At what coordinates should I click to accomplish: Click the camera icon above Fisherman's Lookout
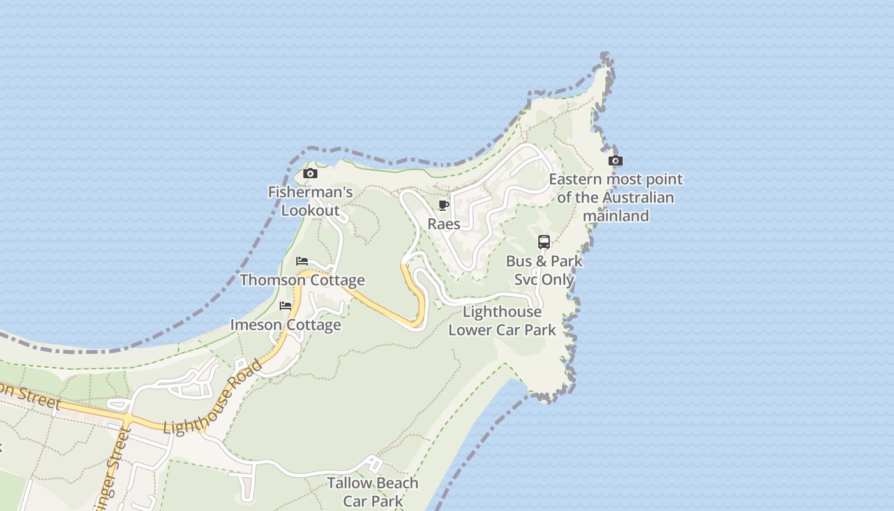(310, 174)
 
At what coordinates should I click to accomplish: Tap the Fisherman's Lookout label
(310, 201)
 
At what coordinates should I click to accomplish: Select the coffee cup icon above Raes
(444, 206)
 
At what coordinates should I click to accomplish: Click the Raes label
(444, 224)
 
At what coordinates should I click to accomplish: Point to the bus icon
(544, 242)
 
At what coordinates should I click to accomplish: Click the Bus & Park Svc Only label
(544, 270)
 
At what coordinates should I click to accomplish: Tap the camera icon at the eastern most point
(616, 161)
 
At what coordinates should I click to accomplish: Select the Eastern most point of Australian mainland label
(616, 197)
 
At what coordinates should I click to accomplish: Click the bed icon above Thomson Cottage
(302, 261)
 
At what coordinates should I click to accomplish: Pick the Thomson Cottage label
(302, 280)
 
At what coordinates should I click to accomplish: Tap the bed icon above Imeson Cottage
(285, 306)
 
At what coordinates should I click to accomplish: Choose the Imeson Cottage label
(285, 324)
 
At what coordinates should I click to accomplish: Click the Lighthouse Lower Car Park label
(502, 321)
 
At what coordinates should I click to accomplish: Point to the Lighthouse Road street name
(213, 397)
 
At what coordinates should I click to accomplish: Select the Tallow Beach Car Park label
(373, 491)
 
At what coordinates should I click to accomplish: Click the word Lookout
(310, 210)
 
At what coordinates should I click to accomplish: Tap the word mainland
(616, 216)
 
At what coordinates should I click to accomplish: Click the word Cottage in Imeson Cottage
(313, 324)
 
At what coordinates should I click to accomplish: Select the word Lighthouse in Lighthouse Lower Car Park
(502, 312)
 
